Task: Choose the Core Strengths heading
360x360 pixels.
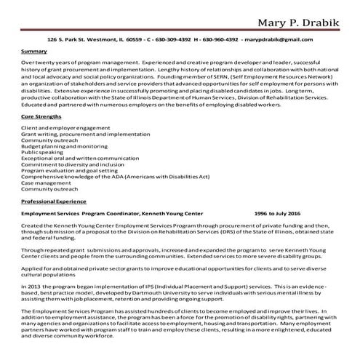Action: pyautogui.click(x=41, y=116)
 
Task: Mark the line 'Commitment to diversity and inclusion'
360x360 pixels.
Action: pyautogui.click(x=73, y=164)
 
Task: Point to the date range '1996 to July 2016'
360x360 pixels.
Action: pyautogui.click(x=278, y=214)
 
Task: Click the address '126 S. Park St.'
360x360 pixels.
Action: pyautogui.click(x=68, y=39)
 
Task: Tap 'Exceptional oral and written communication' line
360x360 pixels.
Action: pyautogui.click(x=80, y=157)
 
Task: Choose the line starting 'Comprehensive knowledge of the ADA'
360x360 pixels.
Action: pyautogui.click(x=105, y=177)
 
